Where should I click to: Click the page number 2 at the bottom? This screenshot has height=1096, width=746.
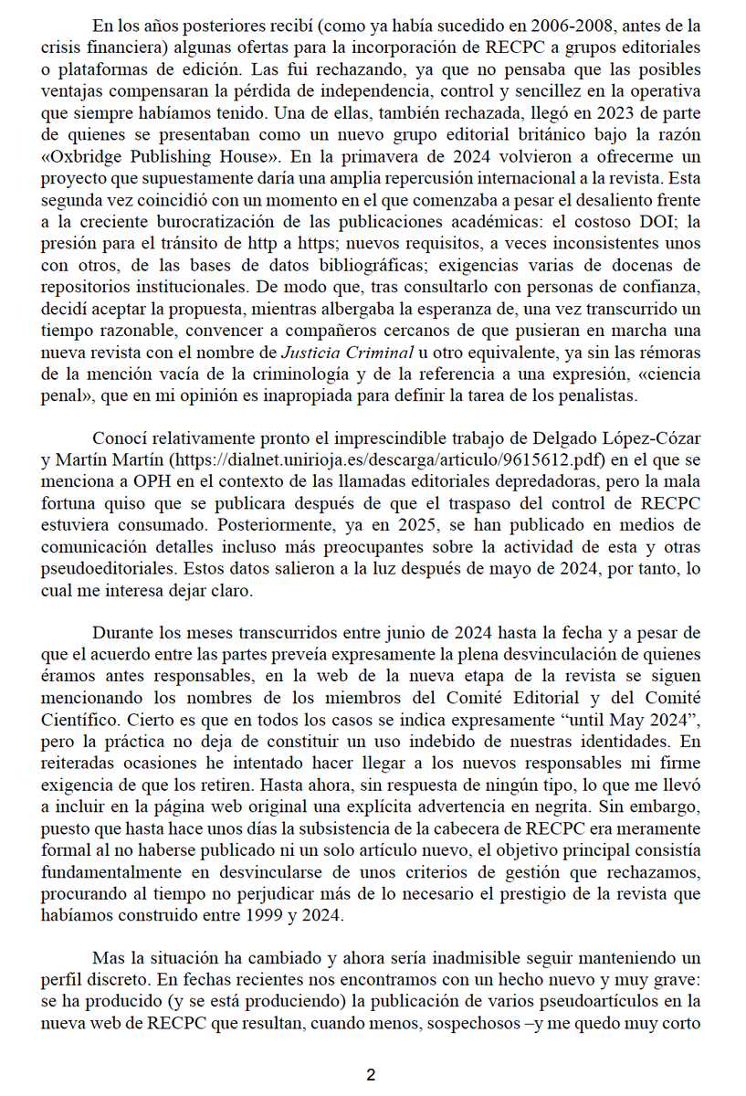pos(371,1075)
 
